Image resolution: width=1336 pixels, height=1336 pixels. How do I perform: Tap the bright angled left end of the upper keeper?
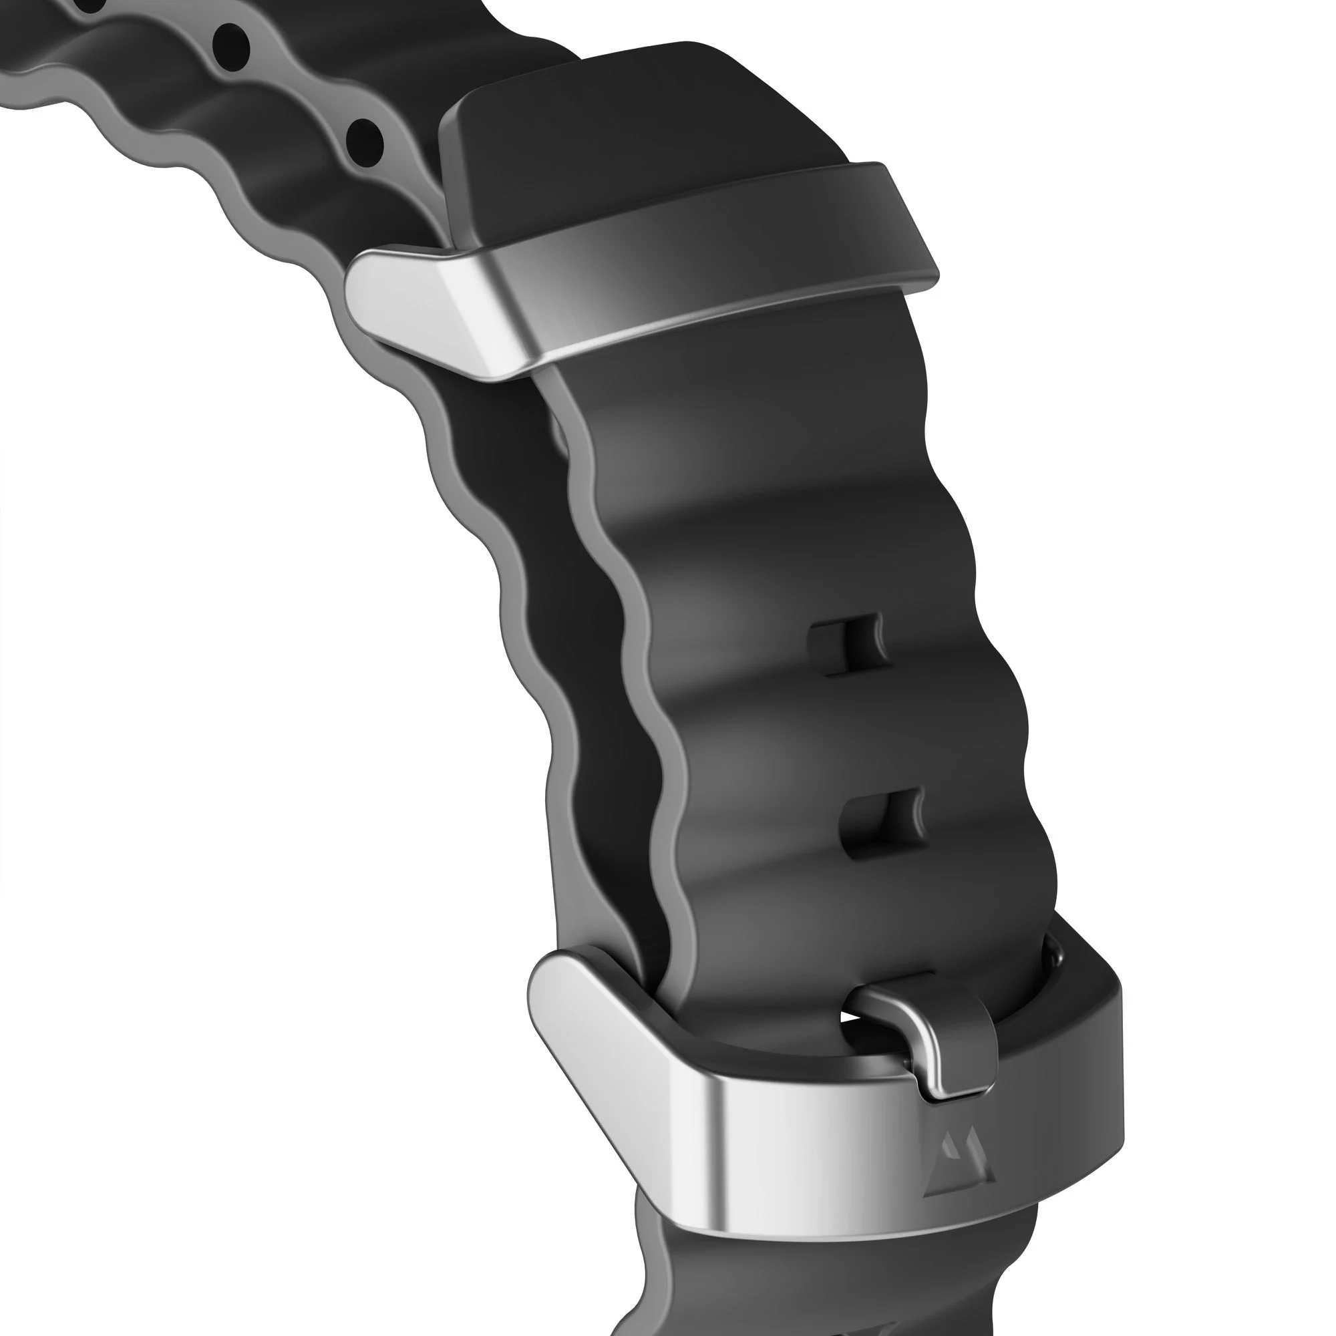pyautogui.click(x=415, y=304)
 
